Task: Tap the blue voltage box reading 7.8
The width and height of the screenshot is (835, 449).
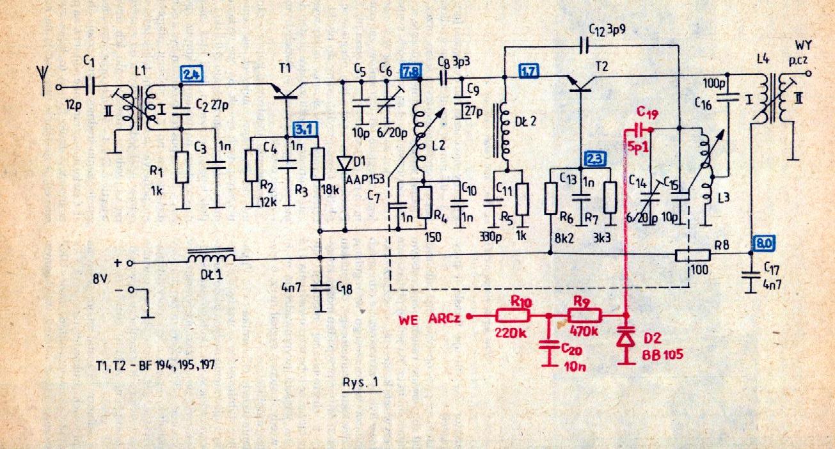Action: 411,70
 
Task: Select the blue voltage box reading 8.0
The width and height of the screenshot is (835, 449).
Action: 763,243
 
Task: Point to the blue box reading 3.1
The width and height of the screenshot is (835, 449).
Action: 305,129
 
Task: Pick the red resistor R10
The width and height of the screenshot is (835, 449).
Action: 512,316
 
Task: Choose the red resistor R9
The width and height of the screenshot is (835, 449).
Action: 584,315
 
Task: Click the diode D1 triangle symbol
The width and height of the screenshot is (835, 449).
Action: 344,163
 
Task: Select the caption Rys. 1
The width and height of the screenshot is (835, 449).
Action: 361,382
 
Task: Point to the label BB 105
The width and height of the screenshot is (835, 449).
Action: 662,354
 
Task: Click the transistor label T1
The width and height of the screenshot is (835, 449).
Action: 285,68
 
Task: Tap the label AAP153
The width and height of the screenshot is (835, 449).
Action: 365,180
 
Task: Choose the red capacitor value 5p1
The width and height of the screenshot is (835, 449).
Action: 638,147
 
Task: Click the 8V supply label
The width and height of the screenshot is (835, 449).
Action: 100,279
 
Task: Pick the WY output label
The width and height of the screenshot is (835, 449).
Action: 803,45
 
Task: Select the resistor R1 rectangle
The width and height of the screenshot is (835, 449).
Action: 182,168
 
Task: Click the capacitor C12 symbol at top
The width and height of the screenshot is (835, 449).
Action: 584,47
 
